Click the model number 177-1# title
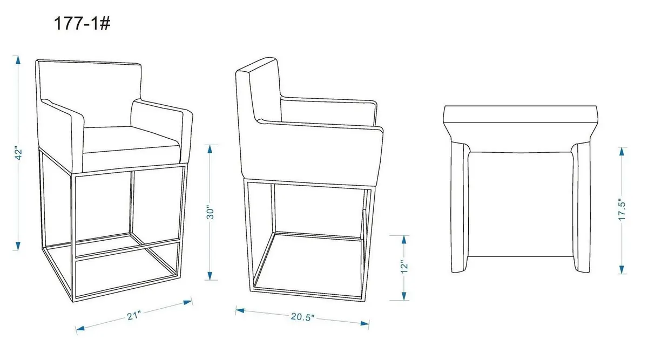[82, 23]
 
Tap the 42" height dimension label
[18, 154]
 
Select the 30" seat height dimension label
[211, 212]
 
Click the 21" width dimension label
[134, 315]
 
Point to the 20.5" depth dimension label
[302, 317]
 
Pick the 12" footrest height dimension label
[404, 267]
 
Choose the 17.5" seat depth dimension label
[622, 209]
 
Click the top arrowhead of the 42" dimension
[18, 60]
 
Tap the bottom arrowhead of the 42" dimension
[18, 246]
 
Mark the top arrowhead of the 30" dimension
[210, 149]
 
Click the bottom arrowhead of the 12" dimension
[404, 296]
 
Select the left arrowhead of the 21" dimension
[80, 329]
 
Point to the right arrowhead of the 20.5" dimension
[365, 323]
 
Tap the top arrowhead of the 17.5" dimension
[622, 152]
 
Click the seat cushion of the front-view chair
[132, 149]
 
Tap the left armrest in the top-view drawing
[460, 208]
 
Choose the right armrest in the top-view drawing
[582, 208]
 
